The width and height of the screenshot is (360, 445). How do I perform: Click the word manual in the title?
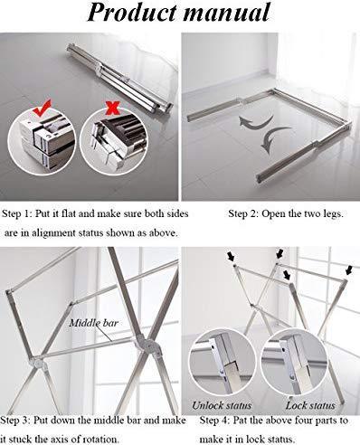pos(227,13)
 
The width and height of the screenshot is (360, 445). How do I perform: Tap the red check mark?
pos(42,108)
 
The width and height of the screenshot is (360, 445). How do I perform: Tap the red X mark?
pos(112,109)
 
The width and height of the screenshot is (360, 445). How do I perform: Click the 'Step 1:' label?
pos(16,213)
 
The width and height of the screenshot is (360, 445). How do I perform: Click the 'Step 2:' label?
pos(243,213)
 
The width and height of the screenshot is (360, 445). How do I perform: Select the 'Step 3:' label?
pos(15,421)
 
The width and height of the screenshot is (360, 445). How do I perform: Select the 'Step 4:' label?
pos(214,421)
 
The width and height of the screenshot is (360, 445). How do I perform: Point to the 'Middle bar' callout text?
pos(93,323)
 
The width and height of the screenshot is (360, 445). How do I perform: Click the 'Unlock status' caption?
pos(222,405)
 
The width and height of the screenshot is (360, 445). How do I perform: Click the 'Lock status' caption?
pos(310,405)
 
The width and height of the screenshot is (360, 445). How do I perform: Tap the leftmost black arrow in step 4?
pos(231,257)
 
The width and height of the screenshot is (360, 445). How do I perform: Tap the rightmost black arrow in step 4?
pos(349,270)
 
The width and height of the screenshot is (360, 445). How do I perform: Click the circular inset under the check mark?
pos(42,142)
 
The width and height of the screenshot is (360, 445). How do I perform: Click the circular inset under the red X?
pos(113,141)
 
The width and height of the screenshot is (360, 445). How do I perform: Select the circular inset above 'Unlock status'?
pos(223,363)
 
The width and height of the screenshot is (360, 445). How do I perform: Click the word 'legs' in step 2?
pos(332,214)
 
